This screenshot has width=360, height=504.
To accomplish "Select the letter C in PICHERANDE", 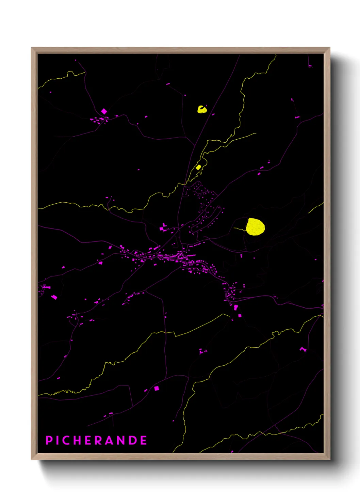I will pos(67,440).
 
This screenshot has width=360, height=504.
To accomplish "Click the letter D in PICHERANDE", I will pos(133,440).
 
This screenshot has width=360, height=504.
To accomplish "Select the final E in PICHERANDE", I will pos(144,440).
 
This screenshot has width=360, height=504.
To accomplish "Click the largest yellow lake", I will pos(255,227).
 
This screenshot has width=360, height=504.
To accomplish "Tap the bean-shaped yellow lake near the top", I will pos(202,109).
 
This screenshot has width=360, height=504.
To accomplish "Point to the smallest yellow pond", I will pos(198,167).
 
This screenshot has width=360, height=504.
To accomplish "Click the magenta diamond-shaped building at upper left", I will pos(104,111).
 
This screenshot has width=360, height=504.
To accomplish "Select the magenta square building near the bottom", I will pos(157,388).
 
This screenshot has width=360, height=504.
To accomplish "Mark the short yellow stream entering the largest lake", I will pos(240,229).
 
